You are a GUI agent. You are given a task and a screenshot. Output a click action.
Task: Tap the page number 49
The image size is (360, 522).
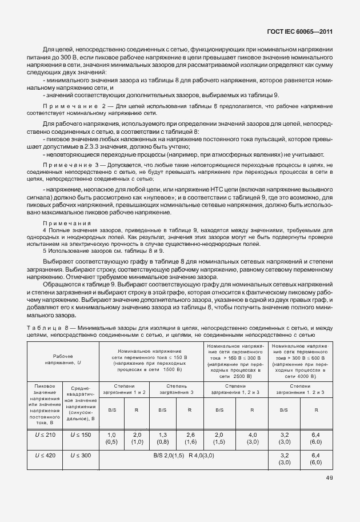coord(329,478)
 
